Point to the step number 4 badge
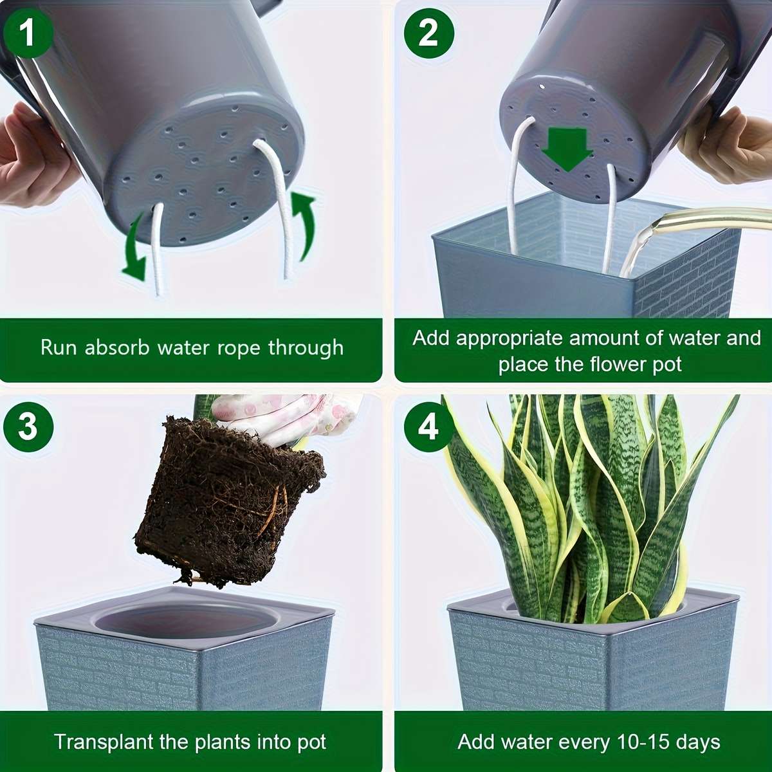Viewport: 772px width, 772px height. coord(428,427)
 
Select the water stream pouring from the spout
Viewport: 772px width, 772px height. coord(637,248)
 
